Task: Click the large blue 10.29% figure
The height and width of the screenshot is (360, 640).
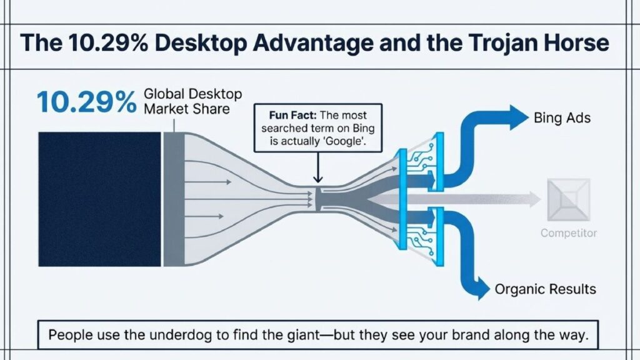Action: pos(86,102)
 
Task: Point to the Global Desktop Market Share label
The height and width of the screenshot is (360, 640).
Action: pos(192,101)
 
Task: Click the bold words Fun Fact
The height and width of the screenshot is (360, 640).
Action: pos(292,115)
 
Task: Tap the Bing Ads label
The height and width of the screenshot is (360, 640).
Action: pos(562,118)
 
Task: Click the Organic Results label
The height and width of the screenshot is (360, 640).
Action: pos(545,289)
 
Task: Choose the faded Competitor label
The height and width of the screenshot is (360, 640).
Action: pos(569,233)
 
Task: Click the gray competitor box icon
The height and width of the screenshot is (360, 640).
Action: pos(569,199)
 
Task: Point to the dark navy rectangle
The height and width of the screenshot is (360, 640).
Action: pos(99,199)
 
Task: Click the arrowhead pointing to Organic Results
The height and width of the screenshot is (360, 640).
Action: pos(483,289)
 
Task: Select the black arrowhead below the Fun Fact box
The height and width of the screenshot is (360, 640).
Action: pos(317,179)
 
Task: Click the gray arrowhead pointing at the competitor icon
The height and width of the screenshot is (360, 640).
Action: pos(535,199)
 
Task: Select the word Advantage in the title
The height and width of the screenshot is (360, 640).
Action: pos(312,43)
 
